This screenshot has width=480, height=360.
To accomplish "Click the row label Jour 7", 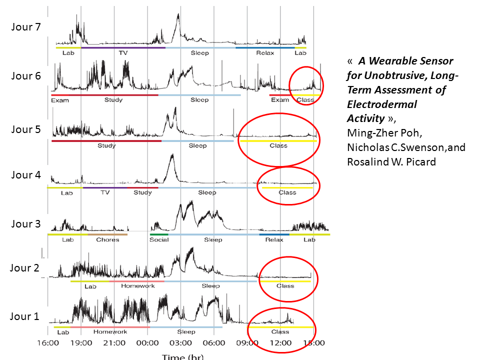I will click(x=25, y=27).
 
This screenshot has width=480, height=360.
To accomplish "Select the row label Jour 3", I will click(x=25, y=223).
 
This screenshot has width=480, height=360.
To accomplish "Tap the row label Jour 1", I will click(x=24, y=316).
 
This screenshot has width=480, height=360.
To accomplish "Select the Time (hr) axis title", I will click(x=182, y=356).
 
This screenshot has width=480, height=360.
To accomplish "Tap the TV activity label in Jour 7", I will click(x=123, y=52).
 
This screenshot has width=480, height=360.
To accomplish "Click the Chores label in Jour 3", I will click(x=107, y=239).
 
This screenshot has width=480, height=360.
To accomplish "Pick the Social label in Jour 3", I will click(x=159, y=239).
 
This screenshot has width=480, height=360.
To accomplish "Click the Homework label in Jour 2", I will click(x=136, y=286).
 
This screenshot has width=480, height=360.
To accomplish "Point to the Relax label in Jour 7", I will click(x=265, y=52).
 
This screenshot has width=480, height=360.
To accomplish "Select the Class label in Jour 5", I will click(x=278, y=145).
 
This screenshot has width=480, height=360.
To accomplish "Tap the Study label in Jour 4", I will click(x=143, y=192).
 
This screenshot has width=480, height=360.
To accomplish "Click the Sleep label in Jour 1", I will click(x=186, y=331).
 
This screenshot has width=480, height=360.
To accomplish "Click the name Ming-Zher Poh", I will click(x=373, y=133).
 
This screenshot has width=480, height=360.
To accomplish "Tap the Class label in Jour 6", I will click(x=305, y=99).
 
